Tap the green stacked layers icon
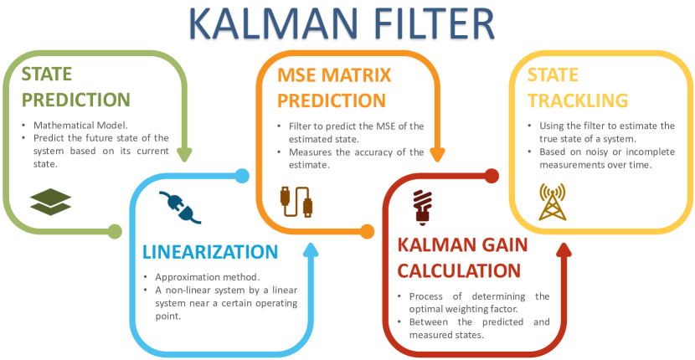[x=50, y=202]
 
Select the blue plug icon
[x=180, y=207]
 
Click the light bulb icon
[x=422, y=206]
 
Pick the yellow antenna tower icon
[x=553, y=202]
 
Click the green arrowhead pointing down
[x=184, y=154]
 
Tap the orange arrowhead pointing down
[x=438, y=154]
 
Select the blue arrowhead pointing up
[x=311, y=249]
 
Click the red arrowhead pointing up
[x=564, y=249]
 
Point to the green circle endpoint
[x=115, y=231]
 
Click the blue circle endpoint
[x=242, y=176]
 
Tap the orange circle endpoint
[x=368, y=231]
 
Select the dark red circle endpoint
[x=492, y=176]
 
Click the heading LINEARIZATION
[x=210, y=251]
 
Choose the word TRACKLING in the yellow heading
[x=578, y=100]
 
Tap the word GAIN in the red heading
[x=503, y=244]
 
